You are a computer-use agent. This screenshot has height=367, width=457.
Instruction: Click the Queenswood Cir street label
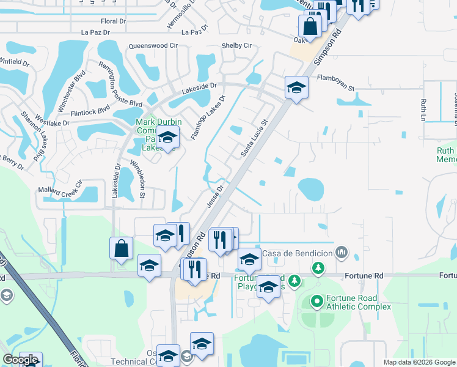153,46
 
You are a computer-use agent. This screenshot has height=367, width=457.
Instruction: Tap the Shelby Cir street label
236,46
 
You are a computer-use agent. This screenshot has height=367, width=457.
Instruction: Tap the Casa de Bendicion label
297,253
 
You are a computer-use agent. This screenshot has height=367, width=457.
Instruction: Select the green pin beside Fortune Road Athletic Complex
317,302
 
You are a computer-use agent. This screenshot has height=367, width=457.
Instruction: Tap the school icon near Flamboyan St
296,87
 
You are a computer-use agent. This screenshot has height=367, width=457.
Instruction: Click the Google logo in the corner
21,360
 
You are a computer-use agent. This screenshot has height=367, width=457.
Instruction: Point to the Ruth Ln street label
423,109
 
